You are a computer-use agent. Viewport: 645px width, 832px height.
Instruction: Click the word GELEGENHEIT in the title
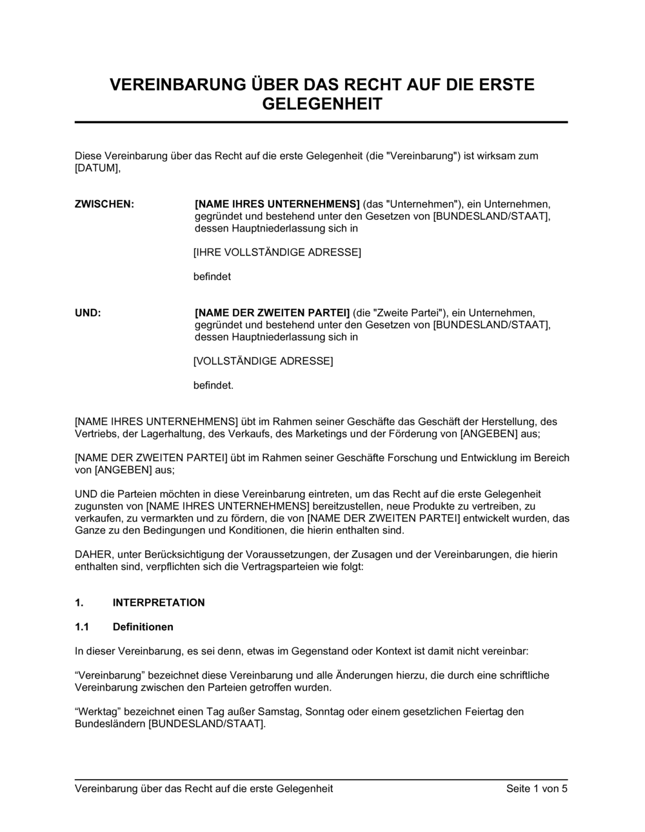coord(322,104)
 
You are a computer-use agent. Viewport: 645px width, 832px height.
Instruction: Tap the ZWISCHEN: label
coord(104,204)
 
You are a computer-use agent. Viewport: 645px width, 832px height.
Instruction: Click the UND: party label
coord(88,313)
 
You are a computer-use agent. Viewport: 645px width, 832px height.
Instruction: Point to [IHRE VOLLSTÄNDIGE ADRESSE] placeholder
coord(277,252)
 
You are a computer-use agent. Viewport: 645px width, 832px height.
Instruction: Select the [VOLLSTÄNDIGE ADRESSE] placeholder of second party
coord(263,361)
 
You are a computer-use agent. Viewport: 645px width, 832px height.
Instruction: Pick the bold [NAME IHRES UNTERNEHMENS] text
coord(277,204)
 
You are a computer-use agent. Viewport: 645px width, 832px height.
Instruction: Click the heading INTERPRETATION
coord(159,602)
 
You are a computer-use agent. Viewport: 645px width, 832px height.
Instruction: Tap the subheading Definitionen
coord(143,627)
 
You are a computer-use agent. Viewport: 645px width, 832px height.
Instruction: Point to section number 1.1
coord(82,627)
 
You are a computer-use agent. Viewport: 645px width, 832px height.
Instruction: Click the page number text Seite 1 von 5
coord(537,789)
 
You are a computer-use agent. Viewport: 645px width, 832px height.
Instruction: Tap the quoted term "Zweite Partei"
coord(406,313)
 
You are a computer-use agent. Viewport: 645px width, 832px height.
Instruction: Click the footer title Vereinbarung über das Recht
coord(204,789)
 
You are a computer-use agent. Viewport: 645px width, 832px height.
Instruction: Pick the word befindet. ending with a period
coord(213,386)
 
